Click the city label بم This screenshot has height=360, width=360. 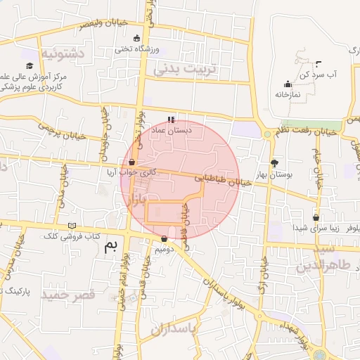click(x=110, y=245)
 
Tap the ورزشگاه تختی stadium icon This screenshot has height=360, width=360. click(x=136, y=39)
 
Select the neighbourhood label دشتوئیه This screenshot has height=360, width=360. click(x=64, y=53)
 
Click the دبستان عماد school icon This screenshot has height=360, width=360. click(x=171, y=120)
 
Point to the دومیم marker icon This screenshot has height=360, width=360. click(x=164, y=238)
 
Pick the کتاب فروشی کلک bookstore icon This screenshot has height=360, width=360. click(x=72, y=226)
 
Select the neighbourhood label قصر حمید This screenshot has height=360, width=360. click(x=68, y=295)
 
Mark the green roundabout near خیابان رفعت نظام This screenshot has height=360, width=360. click(x=267, y=134)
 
